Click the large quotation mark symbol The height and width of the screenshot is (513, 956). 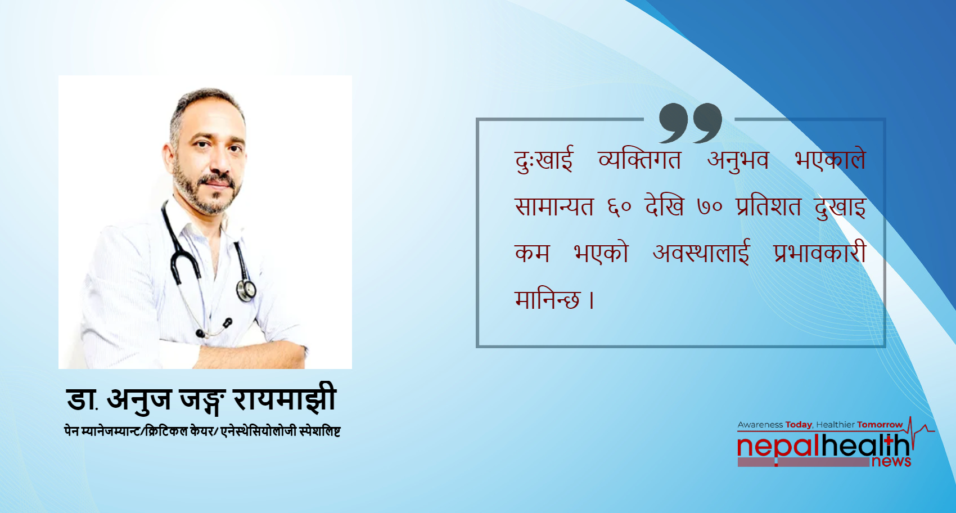click(x=690, y=122)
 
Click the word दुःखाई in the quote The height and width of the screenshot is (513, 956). click(x=543, y=160)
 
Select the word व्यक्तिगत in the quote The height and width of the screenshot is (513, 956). click(x=639, y=160)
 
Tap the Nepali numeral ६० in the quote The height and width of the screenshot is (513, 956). click(x=619, y=208)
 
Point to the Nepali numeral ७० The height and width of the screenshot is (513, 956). click(x=709, y=208)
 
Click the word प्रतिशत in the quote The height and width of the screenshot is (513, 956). click(x=768, y=207)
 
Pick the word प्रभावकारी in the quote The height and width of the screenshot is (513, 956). click(x=819, y=253)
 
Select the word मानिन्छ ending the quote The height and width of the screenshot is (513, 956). click(x=547, y=300)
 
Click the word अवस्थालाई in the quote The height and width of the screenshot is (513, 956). click(x=701, y=253)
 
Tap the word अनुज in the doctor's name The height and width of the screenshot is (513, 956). click(x=139, y=400)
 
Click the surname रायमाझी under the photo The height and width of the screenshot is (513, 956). click(x=285, y=400)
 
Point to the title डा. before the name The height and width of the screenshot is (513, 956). click(x=82, y=400)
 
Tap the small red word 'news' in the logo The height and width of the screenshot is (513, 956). click(x=891, y=462)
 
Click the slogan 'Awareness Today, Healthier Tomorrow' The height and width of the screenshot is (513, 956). click(x=820, y=425)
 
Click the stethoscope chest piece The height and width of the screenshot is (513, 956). click(x=246, y=290)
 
